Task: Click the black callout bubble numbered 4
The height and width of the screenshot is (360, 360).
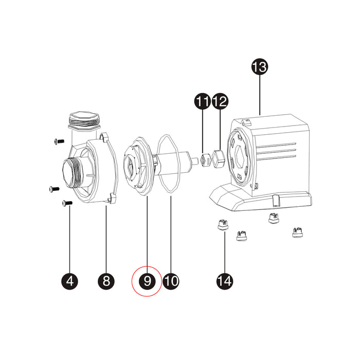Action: coord(70,281)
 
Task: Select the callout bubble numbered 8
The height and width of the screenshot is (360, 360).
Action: coord(106,281)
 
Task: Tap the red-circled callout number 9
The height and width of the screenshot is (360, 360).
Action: coord(147,281)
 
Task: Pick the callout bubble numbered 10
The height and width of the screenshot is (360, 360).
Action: coord(171,281)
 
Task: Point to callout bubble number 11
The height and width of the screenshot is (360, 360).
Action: coord(203,101)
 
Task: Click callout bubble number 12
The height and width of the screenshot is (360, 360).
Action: coord(220,101)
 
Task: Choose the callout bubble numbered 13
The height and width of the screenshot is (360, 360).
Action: coord(260,67)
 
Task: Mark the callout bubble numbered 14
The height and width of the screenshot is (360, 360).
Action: coord(225,281)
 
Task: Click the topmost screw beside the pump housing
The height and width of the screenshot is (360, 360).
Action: coord(59,141)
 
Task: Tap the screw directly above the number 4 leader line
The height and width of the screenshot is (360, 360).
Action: coord(67,203)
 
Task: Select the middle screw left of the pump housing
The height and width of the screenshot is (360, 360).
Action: coord(55,189)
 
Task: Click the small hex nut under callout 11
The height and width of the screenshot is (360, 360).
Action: coord(206,159)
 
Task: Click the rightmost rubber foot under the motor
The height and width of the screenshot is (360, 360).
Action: coord(297,232)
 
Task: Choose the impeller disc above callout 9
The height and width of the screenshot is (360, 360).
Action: coord(138,166)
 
